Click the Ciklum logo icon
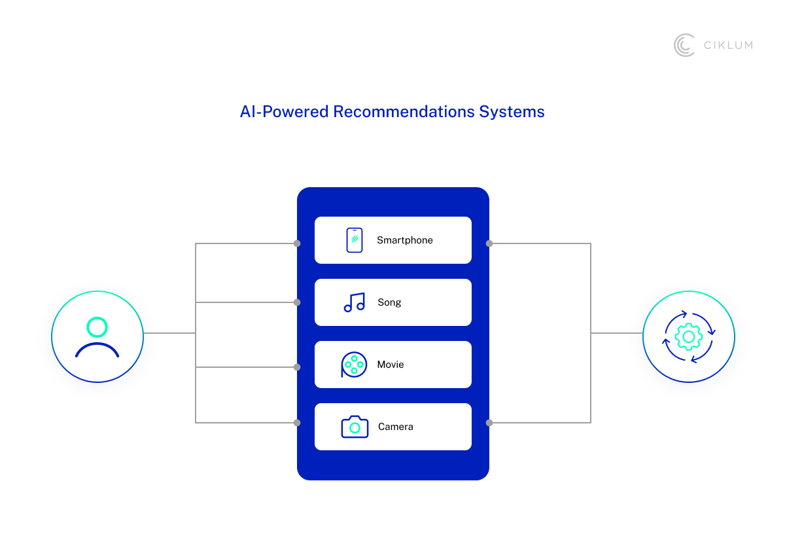coord(684,45)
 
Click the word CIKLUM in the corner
coord(727,45)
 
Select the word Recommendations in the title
coord(403,111)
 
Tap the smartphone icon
coord(355,240)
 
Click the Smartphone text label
coord(405,240)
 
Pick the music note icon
coord(355,302)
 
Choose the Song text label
coord(389,302)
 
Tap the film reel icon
coord(354,365)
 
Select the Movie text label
coord(391,365)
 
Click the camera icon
coord(355,427)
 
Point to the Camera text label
coord(396,427)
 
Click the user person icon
coord(97,336)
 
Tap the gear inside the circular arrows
coord(688,336)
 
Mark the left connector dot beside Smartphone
coord(297,243)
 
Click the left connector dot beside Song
coord(297,302)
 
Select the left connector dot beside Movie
coord(297,367)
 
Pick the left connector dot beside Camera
coord(297,423)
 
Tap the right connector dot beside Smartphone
coord(489,243)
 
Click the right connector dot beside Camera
coord(489,423)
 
